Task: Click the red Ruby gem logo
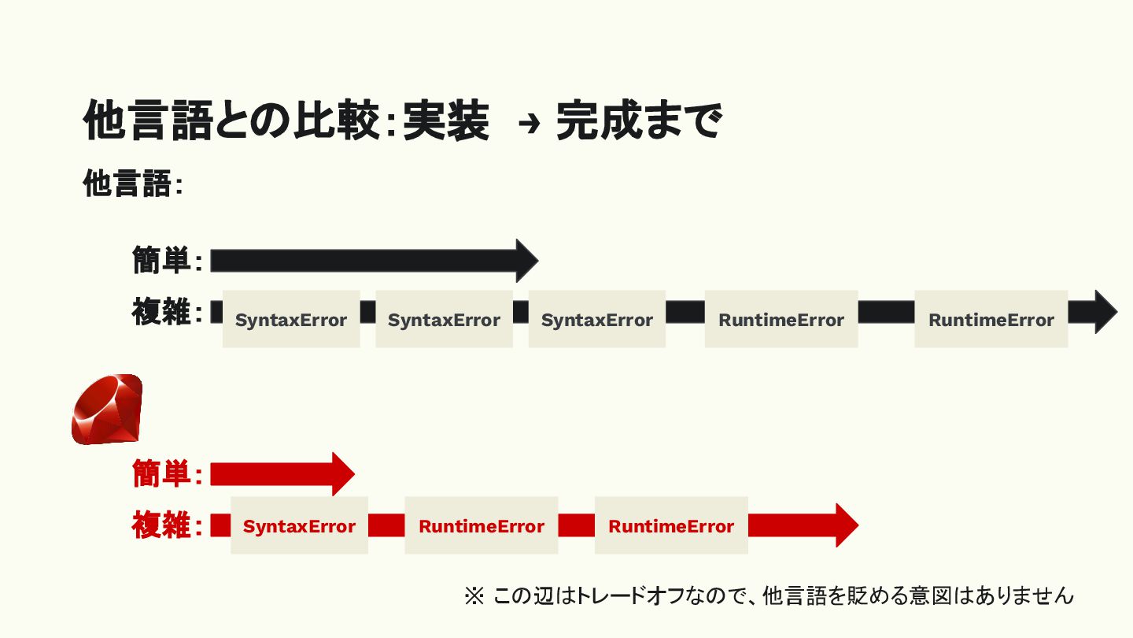tap(107, 410)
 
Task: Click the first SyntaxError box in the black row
tap(291, 319)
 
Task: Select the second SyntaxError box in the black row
tap(444, 319)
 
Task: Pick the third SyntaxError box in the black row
tap(596, 319)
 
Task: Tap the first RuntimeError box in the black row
tap(781, 319)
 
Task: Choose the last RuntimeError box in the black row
tap(991, 319)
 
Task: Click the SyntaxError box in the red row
tap(299, 525)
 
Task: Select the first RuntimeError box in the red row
tap(481, 525)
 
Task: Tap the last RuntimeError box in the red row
tap(670, 525)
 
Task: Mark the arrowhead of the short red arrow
tap(343, 474)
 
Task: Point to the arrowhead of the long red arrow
tap(846, 525)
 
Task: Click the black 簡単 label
tap(161, 260)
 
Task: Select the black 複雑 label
tap(161, 313)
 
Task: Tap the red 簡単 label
tap(161, 474)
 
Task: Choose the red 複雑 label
tap(161, 525)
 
